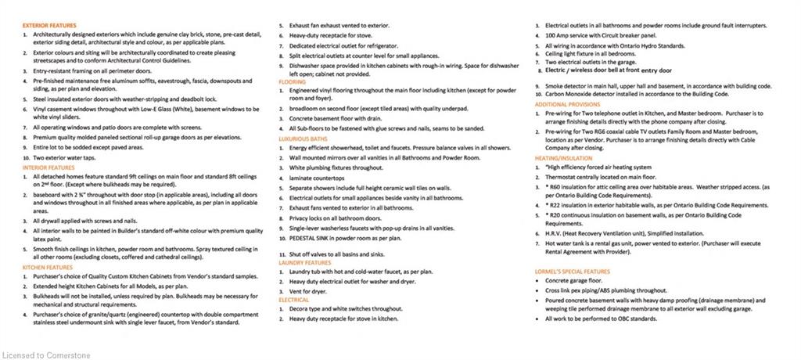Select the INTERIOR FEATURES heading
(x=48, y=167)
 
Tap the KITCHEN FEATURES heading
(x=48, y=268)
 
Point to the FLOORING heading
(x=292, y=81)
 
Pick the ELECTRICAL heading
(x=293, y=299)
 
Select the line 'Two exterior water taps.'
(x=68, y=157)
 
